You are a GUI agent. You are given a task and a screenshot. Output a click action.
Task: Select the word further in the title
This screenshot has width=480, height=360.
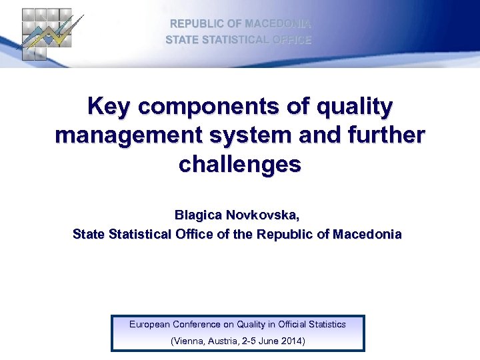(x=387, y=135)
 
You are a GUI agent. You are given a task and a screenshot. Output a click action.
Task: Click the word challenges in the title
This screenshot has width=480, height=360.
(x=240, y=164)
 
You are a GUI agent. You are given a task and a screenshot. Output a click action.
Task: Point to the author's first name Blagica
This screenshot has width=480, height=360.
(x=198, y=215)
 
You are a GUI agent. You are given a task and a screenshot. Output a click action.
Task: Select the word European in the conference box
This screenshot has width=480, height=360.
(x=149, y=325)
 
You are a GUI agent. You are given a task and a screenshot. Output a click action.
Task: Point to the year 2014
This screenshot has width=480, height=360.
(x=291, y=341)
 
